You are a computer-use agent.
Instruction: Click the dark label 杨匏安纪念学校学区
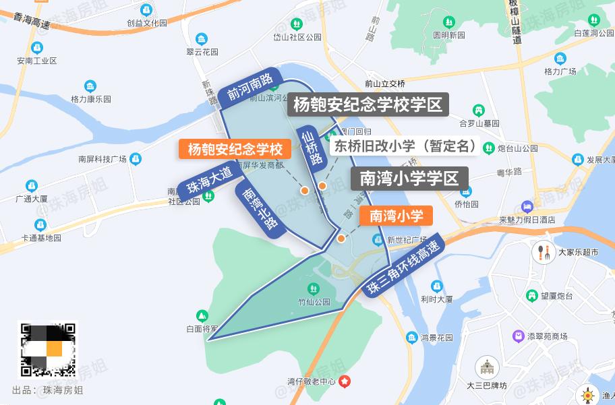pos(368,105)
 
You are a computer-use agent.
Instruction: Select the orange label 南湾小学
pos(396,216)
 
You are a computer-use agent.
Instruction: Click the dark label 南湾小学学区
pos(409,179)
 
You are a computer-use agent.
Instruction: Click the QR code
pos(47,350)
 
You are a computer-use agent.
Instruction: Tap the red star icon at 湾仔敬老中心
pos(345,382)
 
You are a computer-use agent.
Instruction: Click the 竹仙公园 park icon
pos(315,290)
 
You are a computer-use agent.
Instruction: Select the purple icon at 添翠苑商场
pos(517,336)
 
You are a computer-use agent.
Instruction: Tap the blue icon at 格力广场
pos(560,59)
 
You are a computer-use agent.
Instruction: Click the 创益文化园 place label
pos(146,22)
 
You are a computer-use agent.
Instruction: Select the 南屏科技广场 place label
pos(102,160)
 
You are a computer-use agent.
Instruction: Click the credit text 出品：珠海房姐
pos(48,390)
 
